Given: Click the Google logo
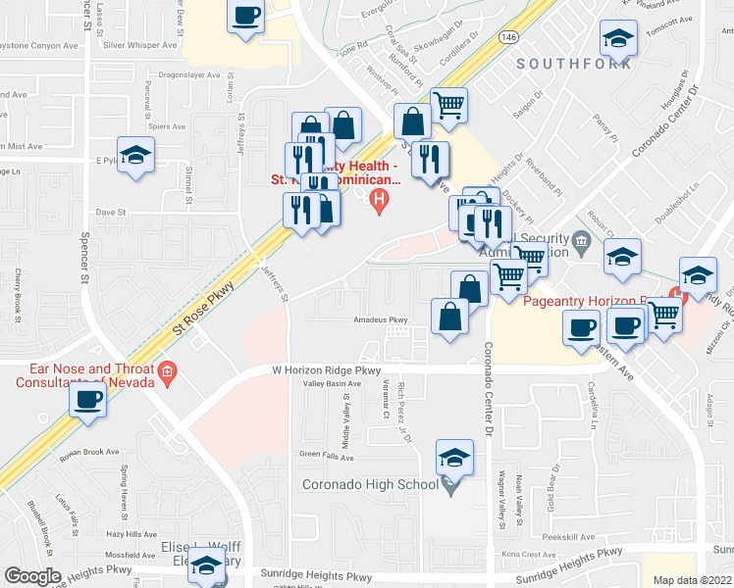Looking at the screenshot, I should point(32,576).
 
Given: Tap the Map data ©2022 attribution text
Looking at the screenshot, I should point(693,580).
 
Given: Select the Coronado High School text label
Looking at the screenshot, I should point(370,484).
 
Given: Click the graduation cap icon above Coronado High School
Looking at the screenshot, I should point(454,457).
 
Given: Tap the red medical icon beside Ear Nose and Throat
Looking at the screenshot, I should point(168,372).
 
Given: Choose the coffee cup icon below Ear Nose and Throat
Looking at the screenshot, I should point(89,400).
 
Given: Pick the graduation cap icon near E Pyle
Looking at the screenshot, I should point(136,155).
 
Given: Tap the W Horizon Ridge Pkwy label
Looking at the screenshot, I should point(326,370).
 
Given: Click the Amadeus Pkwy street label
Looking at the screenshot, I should point(381,319).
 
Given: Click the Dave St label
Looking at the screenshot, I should point(110,212).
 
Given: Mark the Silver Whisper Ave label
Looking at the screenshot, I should point(139,44).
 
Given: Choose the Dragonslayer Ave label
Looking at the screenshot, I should point(189,74).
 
